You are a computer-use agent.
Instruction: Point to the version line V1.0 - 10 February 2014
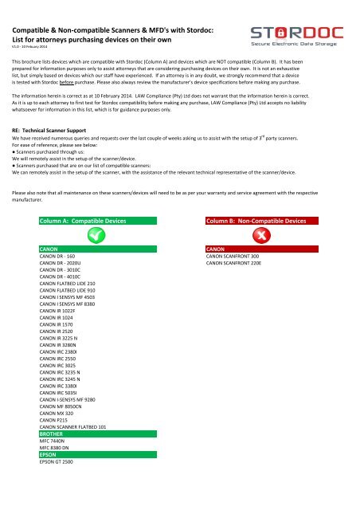[x=27, y=47]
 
